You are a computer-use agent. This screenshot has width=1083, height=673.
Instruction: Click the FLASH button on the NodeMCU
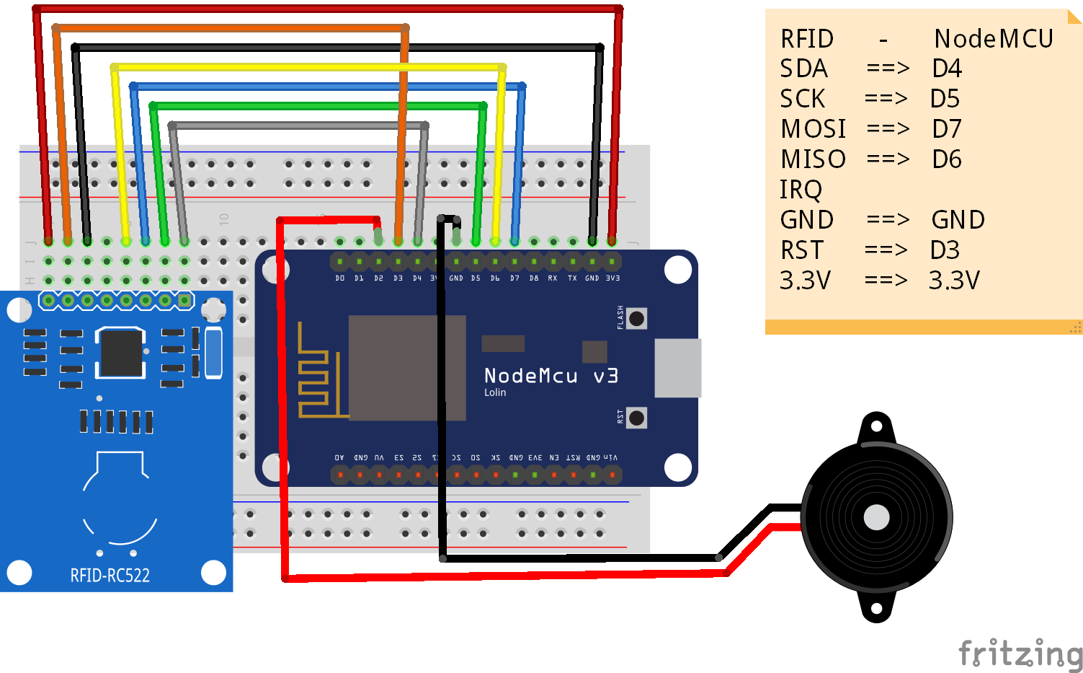tap(636, 318)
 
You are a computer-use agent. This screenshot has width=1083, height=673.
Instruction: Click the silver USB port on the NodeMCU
tap(677, 368)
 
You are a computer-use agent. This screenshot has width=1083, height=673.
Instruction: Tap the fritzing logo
tap(1020, 654)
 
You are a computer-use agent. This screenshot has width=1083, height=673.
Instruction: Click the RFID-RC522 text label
tap(110, 576)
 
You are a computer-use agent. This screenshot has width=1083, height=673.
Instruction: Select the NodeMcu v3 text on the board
tap(551, 376)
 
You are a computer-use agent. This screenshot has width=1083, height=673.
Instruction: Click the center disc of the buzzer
tap(876, 517)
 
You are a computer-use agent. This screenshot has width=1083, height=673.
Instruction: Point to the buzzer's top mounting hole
tap(876, 426)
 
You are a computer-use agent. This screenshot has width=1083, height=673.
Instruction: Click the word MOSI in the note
tap(813, 129)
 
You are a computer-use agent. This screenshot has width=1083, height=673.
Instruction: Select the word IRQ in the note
tap(801, 190)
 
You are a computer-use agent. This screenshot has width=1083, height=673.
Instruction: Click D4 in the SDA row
tap(947, 69)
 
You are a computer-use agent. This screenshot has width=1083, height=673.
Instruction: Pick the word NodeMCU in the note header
tap(994, 39)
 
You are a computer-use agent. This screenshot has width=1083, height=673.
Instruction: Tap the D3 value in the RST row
tap(945, 250)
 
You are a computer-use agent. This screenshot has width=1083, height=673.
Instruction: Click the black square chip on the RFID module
tap(120, 353)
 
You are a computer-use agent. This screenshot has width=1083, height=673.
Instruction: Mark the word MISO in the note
tap(813, 159)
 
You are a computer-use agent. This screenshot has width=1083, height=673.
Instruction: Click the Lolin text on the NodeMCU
tap(495, 392)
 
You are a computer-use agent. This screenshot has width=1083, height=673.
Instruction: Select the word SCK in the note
tap(803, 99)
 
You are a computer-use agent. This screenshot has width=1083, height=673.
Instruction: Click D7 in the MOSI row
tap(947, 129)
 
